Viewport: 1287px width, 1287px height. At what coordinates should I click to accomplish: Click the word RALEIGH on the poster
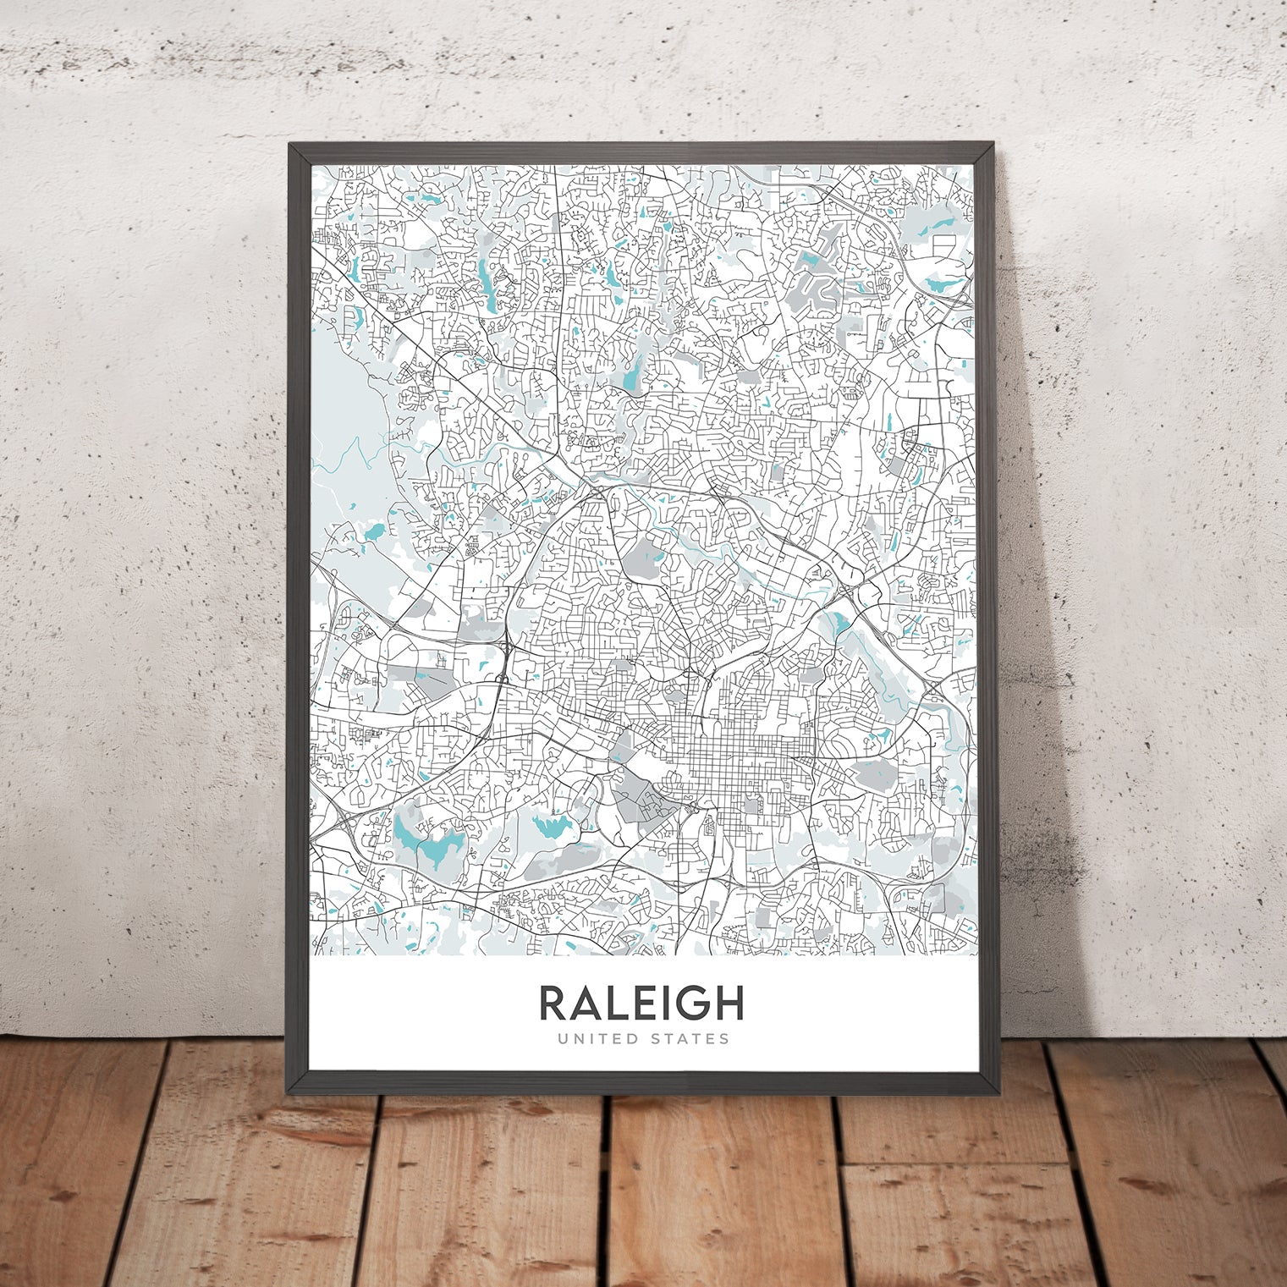point(641,1003)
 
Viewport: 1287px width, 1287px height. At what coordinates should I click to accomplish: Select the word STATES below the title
point(688,1039)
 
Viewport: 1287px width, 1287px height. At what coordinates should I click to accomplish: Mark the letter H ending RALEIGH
point(729,1003)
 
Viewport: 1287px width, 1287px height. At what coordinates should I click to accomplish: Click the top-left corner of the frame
point(290,145)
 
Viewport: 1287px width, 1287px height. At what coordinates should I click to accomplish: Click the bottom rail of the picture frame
point(643,1083)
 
